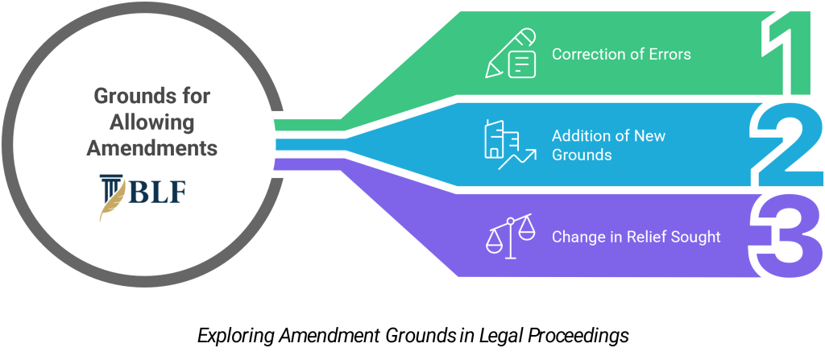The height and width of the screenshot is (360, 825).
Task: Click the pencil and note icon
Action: [x=510, y=54]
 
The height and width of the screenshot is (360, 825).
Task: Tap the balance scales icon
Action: [x=510, y=236]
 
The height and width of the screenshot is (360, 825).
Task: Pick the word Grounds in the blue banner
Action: [x=582, y=155]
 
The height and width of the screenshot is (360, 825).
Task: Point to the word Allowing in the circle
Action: [x=152, y=123]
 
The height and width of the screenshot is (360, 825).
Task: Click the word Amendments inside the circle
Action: [x=152, y=148]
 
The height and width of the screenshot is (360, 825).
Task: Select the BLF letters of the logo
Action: [x=157, y=193]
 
